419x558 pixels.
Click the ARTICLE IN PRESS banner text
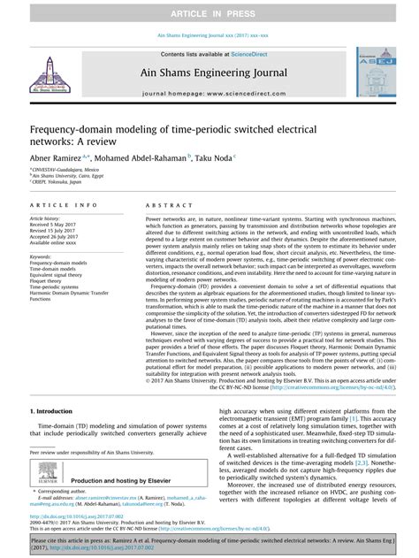click(x=209, y=10)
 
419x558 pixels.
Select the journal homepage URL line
click(x=209, y=92)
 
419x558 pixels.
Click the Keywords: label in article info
click(x=44, y=256)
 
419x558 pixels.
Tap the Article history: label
click(x=50, y=218)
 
